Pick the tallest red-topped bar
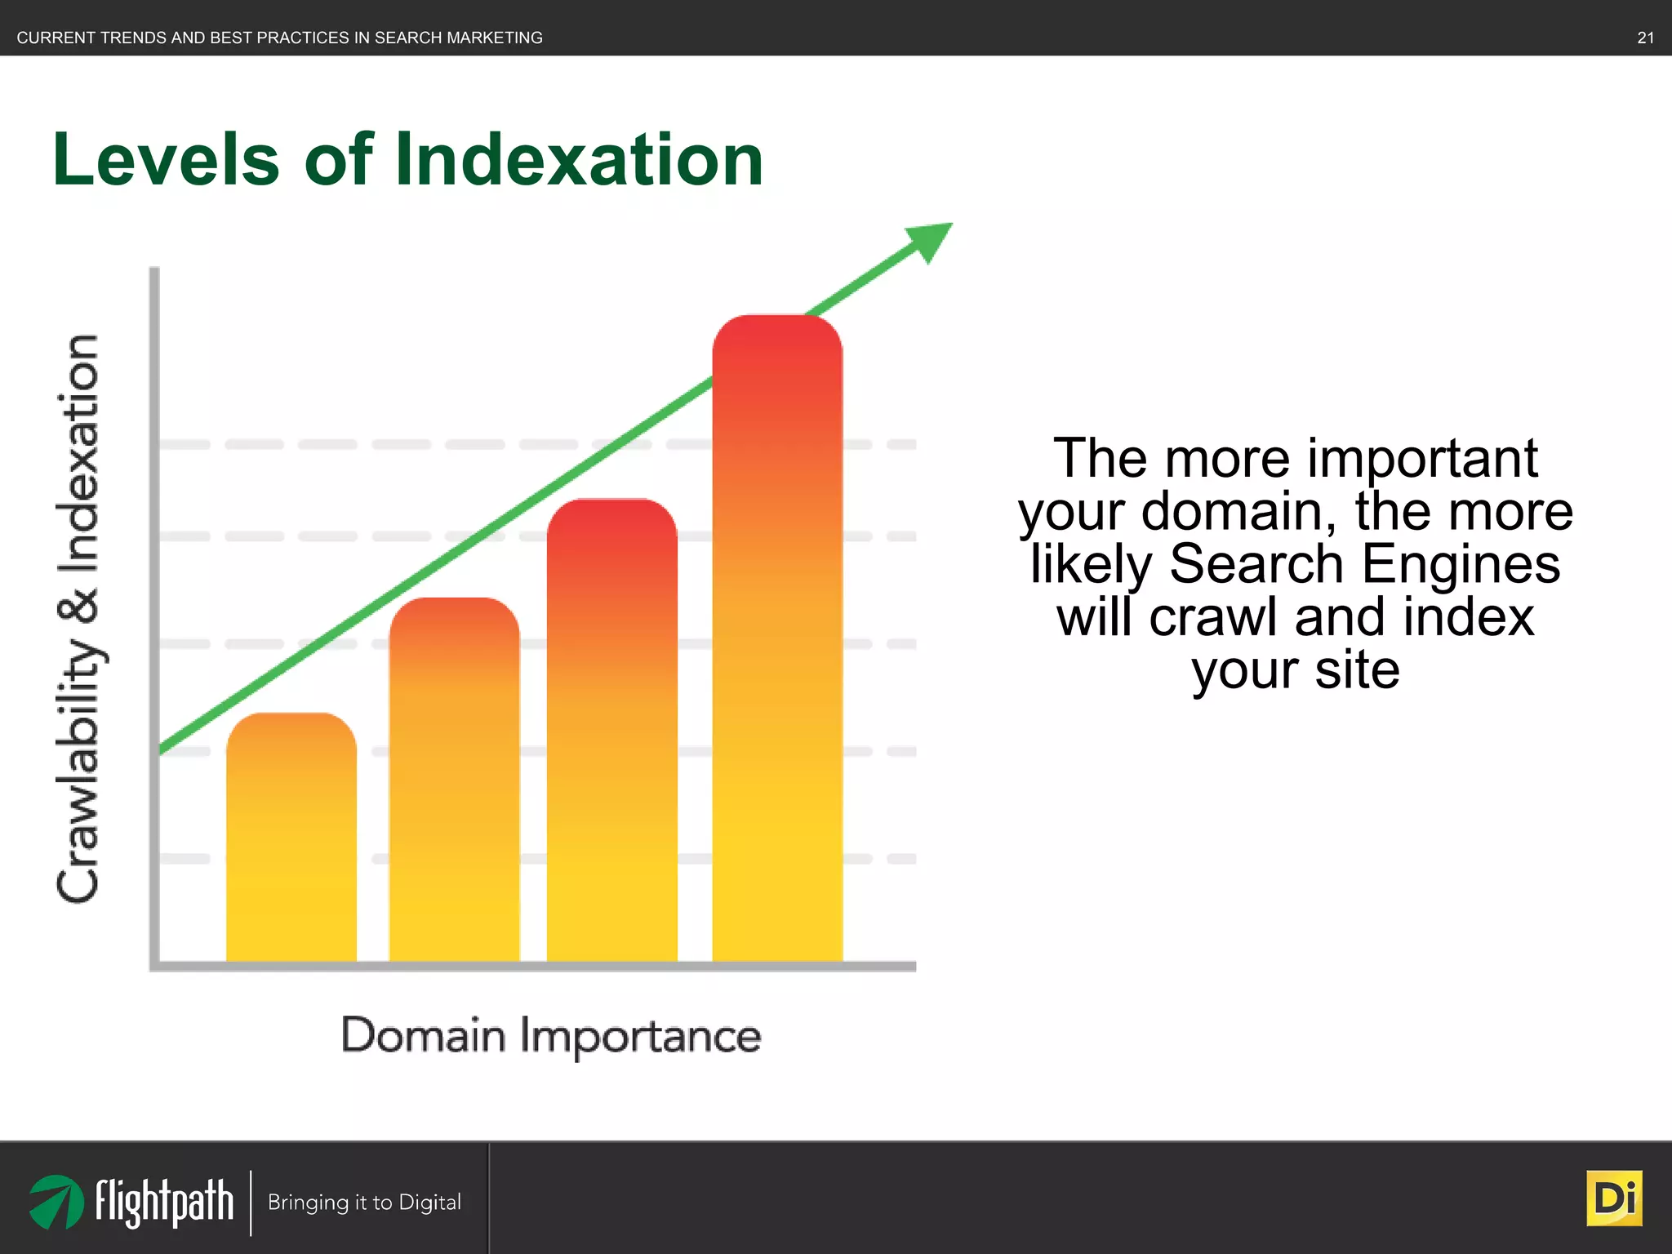[776, 637]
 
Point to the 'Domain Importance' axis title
[551, 1035]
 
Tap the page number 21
[1645, 38]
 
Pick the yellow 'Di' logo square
[1614, 1198]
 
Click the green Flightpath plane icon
[56, 1202]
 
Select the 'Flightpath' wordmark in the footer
[164, 1202]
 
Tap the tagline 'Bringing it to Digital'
[364, 1203]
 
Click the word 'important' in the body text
[1422, 459]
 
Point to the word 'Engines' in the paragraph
[1461, 564]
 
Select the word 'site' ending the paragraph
[1357, 670]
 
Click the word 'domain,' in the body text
[1239, 512]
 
